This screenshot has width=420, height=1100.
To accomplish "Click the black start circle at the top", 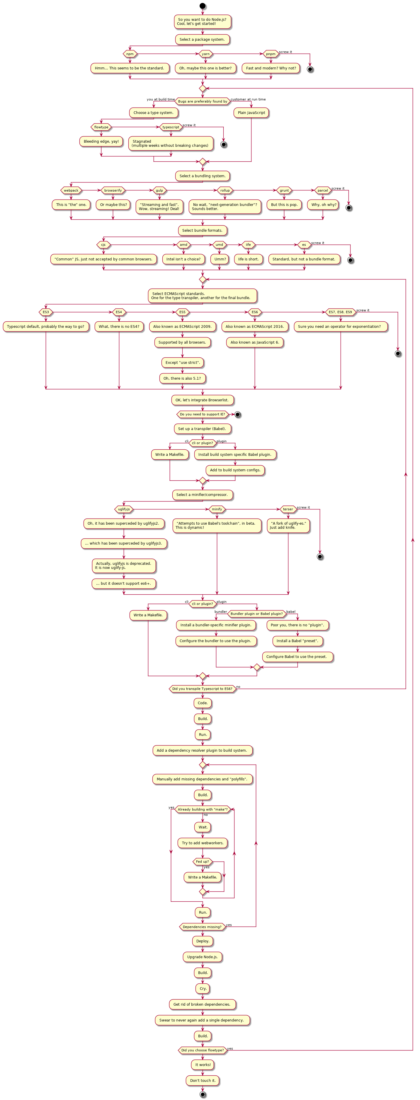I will coord(203,6).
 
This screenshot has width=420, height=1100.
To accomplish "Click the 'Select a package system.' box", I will coord(203,39).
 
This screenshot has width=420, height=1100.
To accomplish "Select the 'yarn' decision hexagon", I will coord(205,54).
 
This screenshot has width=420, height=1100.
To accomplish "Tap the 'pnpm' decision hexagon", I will coord(271,54).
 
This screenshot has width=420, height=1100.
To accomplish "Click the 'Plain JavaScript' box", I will coord(251,113).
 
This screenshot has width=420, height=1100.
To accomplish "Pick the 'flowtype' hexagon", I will coord(101,127).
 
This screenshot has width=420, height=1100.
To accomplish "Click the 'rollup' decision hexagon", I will coord(225,190).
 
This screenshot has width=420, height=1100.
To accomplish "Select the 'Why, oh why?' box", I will coord(323,204).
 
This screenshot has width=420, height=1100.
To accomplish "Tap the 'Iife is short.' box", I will coord(248,259).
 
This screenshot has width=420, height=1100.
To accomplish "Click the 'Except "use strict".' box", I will coord(182,363).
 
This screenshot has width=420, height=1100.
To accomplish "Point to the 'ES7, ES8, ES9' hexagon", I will coord(341,312).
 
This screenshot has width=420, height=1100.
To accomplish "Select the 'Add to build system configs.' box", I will coord(235,470).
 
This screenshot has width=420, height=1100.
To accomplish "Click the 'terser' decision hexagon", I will coord(288,509).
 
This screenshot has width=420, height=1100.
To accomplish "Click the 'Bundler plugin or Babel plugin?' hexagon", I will coord(256,614).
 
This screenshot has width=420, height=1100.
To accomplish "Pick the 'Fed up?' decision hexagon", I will coord(203,861).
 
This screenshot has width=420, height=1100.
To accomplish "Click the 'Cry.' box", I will coord(203,989).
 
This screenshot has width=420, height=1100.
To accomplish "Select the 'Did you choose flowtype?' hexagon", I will coord(203,1050).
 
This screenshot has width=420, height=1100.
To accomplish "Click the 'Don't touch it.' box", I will coord(203,1080).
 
